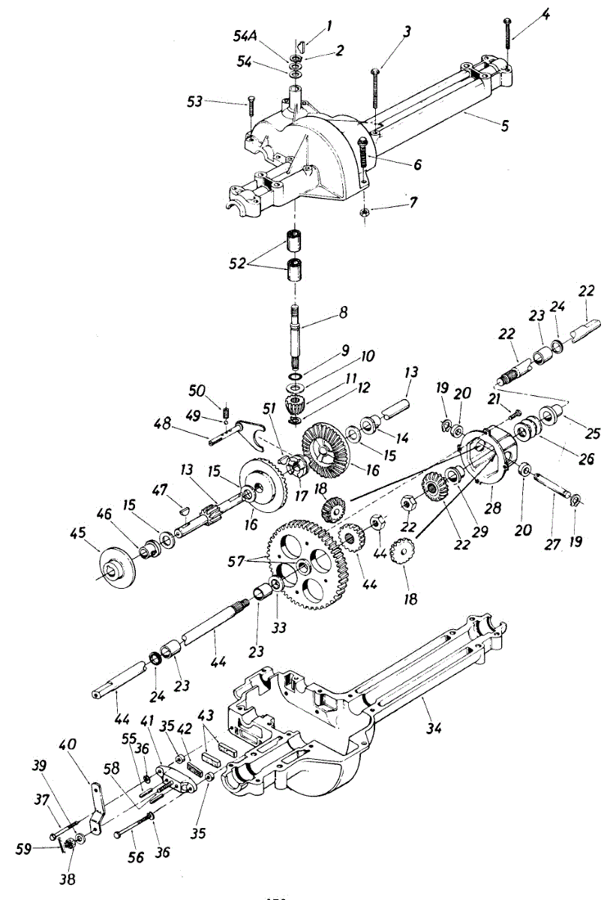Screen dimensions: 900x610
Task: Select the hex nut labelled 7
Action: click(x=363, y=213)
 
